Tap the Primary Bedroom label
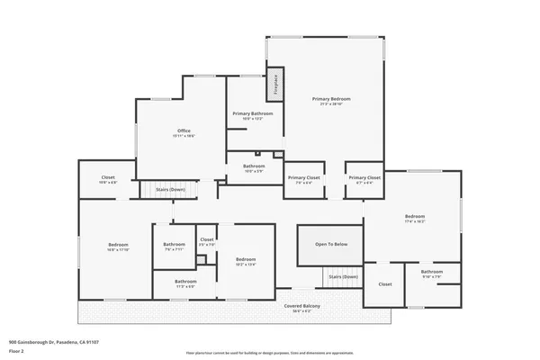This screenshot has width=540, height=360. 331,99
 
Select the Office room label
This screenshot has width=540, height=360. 184,131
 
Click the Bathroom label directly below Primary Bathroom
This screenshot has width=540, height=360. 254,166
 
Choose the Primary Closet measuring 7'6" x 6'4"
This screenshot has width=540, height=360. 303,179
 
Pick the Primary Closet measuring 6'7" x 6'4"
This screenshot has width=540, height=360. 364,179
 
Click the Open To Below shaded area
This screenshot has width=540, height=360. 331,245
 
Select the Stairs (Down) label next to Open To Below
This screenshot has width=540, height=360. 342,276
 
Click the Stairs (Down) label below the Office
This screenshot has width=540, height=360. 170,190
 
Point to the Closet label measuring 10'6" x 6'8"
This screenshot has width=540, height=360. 107,178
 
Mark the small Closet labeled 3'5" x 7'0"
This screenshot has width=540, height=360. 206,241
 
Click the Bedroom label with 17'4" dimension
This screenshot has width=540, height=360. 414,217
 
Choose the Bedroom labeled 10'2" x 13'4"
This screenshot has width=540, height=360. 246,262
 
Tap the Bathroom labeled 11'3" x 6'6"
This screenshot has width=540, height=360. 185,283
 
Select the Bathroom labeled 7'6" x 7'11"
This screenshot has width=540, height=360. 174,246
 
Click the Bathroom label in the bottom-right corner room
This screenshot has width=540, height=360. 431,273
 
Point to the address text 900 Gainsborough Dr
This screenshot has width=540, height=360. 53,343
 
